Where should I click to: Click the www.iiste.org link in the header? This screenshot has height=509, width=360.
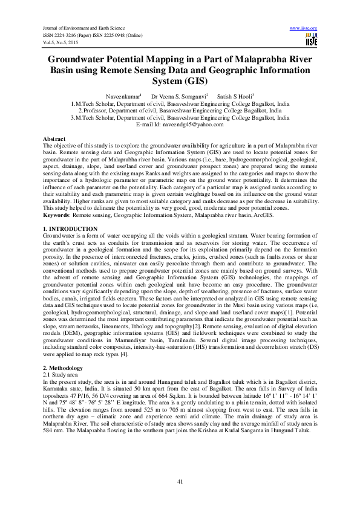(x=304, y=28)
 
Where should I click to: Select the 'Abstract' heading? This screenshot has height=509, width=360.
(x=54, y=138)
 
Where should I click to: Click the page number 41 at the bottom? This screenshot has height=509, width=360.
(x=180, y=481)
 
